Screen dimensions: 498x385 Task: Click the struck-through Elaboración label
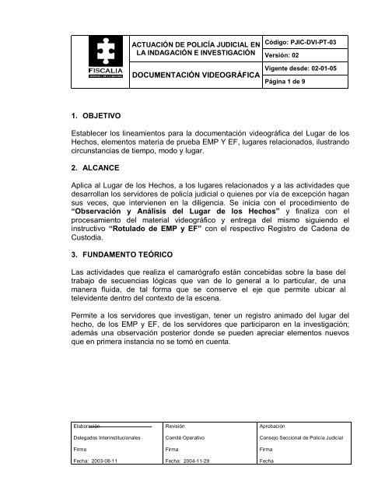[87, 427]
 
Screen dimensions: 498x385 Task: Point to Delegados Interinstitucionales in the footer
[105, 439]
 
